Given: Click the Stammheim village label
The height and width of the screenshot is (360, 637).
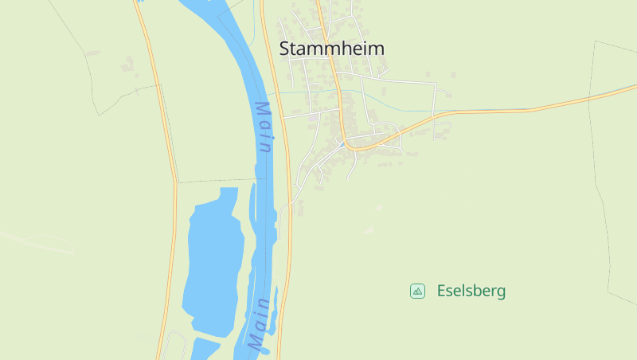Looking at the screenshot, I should (332, 49).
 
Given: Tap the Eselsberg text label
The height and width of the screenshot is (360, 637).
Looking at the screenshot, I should (471, 292).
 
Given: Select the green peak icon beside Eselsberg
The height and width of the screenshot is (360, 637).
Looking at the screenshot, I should (417, 292).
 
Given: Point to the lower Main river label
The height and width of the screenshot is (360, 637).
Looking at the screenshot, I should (259, 326).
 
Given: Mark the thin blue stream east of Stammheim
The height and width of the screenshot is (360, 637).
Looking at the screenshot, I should (478, 110).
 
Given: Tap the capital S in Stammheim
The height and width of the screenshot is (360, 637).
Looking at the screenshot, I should (285, 49).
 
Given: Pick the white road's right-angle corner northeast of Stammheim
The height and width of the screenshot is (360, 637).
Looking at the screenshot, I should (435, 83).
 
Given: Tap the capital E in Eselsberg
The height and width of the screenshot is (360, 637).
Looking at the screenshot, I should (441, 292).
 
